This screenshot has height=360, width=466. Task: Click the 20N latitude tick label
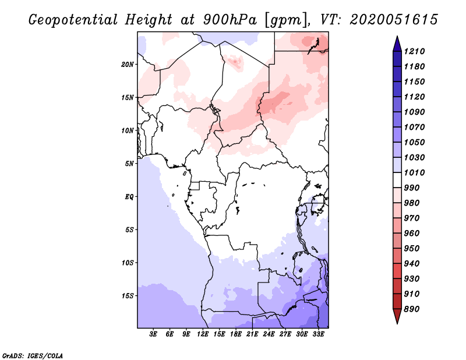click(x=128, y=64)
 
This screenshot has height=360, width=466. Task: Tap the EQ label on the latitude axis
click(x=129, y=197)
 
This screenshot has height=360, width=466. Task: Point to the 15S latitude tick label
click(x=128, y=296)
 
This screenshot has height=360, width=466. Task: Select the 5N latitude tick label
click(x=129, y=164)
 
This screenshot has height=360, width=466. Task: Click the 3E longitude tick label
click(x=154, y=335)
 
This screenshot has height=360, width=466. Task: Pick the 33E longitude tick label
click(x=317, y=335)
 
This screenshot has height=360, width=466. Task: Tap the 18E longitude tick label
click(x=236, y=335)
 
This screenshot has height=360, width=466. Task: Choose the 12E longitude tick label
click(x=203, y=335)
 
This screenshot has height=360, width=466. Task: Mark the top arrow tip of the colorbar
click(x=397, y=37)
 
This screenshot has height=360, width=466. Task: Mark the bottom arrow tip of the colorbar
click(x=397, y=323)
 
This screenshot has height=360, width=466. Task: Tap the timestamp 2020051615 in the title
click(x=394, y=20)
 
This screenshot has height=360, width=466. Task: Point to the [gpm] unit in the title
click(x=285, y=20)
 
